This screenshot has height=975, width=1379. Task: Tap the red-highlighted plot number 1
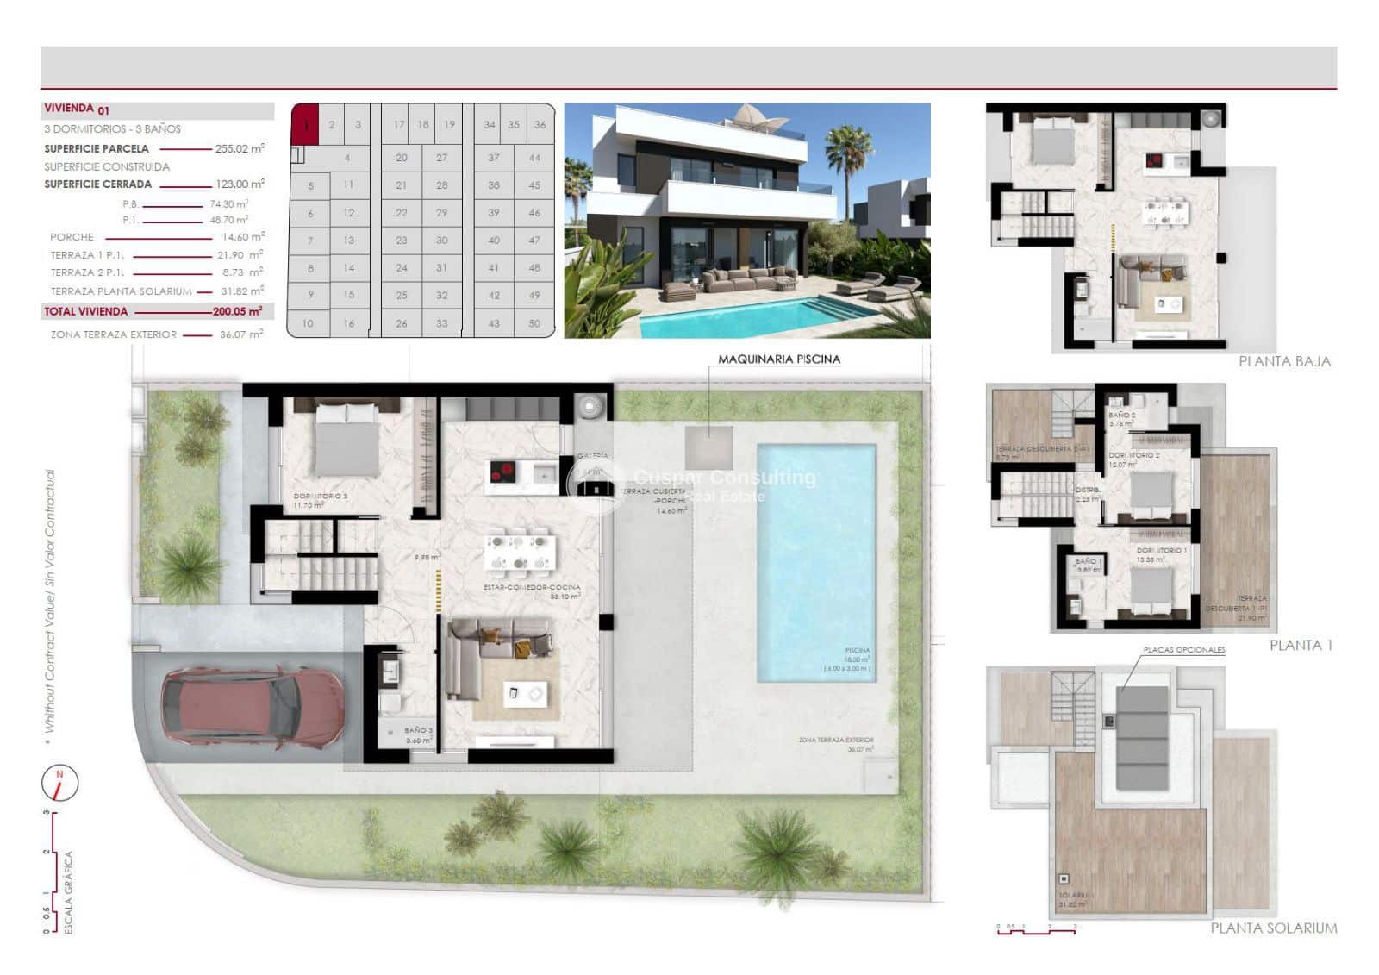(305, 125)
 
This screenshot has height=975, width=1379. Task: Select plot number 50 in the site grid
(534, 323)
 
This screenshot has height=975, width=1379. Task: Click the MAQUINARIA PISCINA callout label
(778, 359)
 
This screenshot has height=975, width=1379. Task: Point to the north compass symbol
(59, 782)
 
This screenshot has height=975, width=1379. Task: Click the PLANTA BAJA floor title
(1284, 361)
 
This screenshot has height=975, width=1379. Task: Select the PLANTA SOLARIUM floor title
(1273, 928)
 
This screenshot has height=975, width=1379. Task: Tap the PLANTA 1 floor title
(1301, 645)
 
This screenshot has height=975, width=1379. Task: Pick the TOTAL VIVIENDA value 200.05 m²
(237, 312)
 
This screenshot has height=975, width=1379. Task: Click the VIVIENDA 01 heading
(77, 109)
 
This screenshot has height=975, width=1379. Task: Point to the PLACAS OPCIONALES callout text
(1183, 649)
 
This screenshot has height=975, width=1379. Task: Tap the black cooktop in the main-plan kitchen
(502, 472)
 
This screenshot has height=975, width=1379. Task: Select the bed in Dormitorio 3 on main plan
(346, 439)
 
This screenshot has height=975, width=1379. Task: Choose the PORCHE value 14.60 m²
(243, 237)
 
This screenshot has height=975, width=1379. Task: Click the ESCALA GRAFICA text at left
(69, 892)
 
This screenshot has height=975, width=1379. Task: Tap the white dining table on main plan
(520, 552)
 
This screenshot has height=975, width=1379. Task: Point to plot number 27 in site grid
(442, 158)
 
